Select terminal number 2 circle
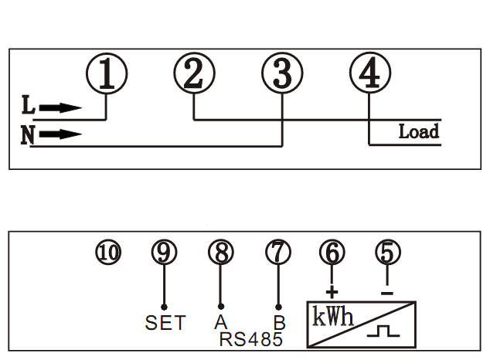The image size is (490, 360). coord(193,74)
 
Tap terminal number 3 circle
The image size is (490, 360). coord(281,74)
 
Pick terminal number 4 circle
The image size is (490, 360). coord(369,74)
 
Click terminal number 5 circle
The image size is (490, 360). coord(388,251)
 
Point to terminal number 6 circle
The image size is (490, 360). coord(332,251)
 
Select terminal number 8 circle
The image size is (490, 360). coord(220,251)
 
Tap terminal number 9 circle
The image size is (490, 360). coord(164,251)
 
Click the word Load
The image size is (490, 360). coord(418,131)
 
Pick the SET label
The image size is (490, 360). coord(165,323)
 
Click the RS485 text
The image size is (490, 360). coord(250,339)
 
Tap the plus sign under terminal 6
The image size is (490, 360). coord(333,292)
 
